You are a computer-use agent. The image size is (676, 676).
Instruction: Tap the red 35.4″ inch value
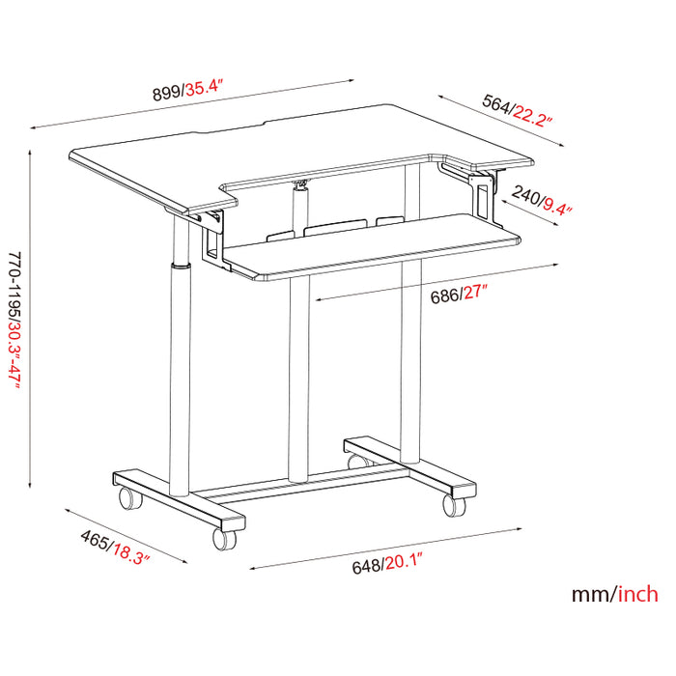tap(205, 92)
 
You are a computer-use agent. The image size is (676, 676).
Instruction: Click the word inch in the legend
tap(638, 593)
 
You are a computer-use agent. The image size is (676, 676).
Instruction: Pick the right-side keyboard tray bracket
tap(481, 193)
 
